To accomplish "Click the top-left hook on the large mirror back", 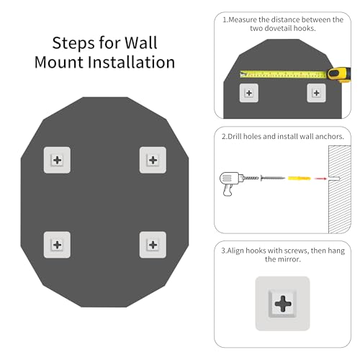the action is tap(57, 160).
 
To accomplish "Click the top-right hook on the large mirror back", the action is tap(153, 160).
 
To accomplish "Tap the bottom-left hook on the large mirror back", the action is tap(57, 245).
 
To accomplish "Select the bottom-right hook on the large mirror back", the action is tap(153, 245).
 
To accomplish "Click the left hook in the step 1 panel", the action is tap(249, 93).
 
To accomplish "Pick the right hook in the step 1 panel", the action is tap(316, 93).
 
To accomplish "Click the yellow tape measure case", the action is tap(339, 74).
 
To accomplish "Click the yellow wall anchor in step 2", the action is tap(300, 179).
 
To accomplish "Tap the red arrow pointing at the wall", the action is tap(320, 179).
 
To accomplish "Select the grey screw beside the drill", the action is tap(273, 178).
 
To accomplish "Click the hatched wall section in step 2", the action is tap(340, 189).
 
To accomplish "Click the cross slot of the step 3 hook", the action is tap(283, 304).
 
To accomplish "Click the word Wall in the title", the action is tap(141, 43).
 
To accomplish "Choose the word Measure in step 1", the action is tap(243, 19).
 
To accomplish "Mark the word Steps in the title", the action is tap(74, 44).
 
